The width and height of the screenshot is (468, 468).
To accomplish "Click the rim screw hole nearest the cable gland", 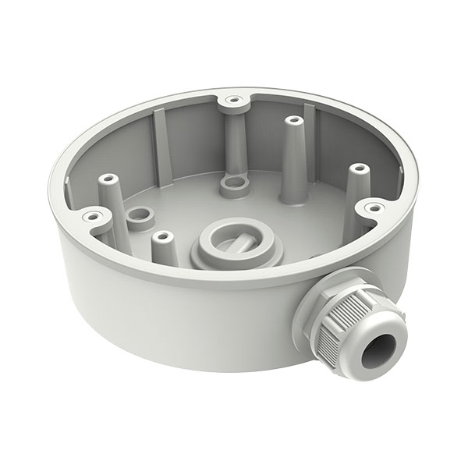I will [374, 207].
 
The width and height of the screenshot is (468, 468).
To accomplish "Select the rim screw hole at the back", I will [232, 100].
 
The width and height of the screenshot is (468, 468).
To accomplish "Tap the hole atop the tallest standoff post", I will [293, 122].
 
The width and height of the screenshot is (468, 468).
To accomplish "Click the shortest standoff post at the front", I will [162, 248].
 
